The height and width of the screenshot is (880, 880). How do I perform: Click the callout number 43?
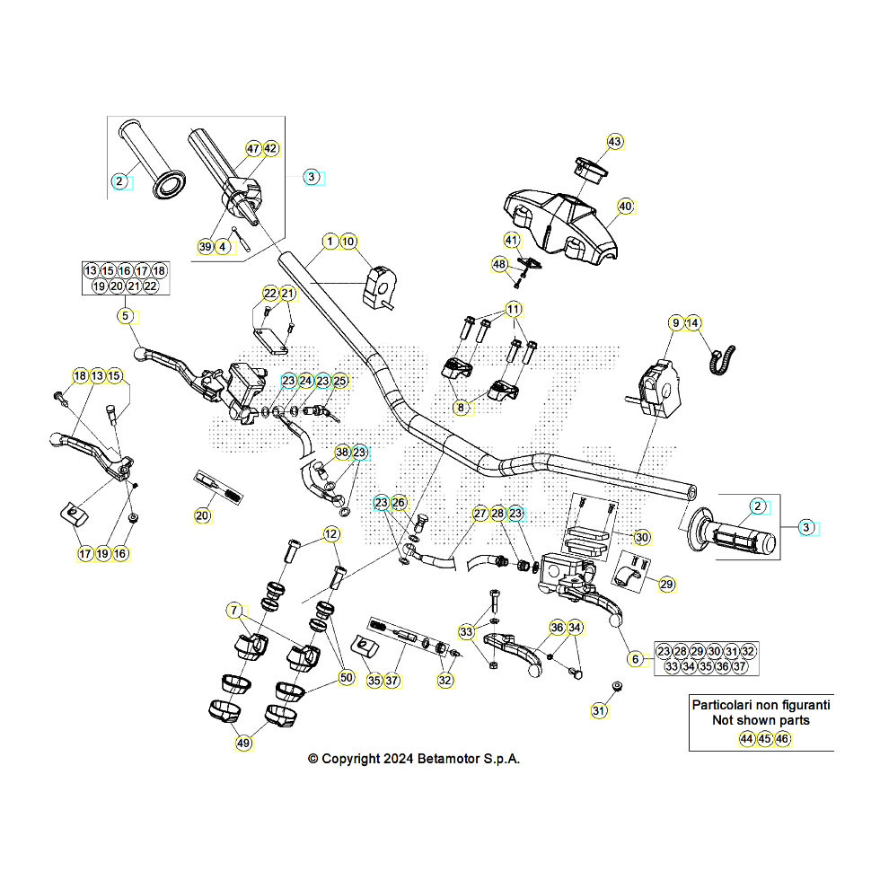click(614, 142)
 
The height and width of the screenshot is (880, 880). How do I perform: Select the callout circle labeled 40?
click(626, 207)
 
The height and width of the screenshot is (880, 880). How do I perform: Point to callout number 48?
click(500, 264)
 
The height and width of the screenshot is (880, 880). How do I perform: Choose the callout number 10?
click(349, 242)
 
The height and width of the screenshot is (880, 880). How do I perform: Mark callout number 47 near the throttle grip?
click(252, 149)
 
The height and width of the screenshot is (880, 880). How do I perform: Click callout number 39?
click(206, 246)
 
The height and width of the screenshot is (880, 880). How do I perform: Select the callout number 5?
click(126, 315)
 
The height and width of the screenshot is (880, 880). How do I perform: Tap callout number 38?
click(341, 452)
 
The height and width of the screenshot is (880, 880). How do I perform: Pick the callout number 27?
click(480, 514)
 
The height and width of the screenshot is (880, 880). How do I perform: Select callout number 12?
click(331, 535)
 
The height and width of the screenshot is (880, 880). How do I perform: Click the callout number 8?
click(461, 408)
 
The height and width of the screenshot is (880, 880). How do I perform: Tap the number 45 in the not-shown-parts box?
click(764, 739)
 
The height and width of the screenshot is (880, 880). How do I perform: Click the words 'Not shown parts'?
click(760, 720)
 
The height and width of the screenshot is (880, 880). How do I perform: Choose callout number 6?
click(636, 659)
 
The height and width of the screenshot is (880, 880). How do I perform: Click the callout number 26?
click(400, 503)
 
